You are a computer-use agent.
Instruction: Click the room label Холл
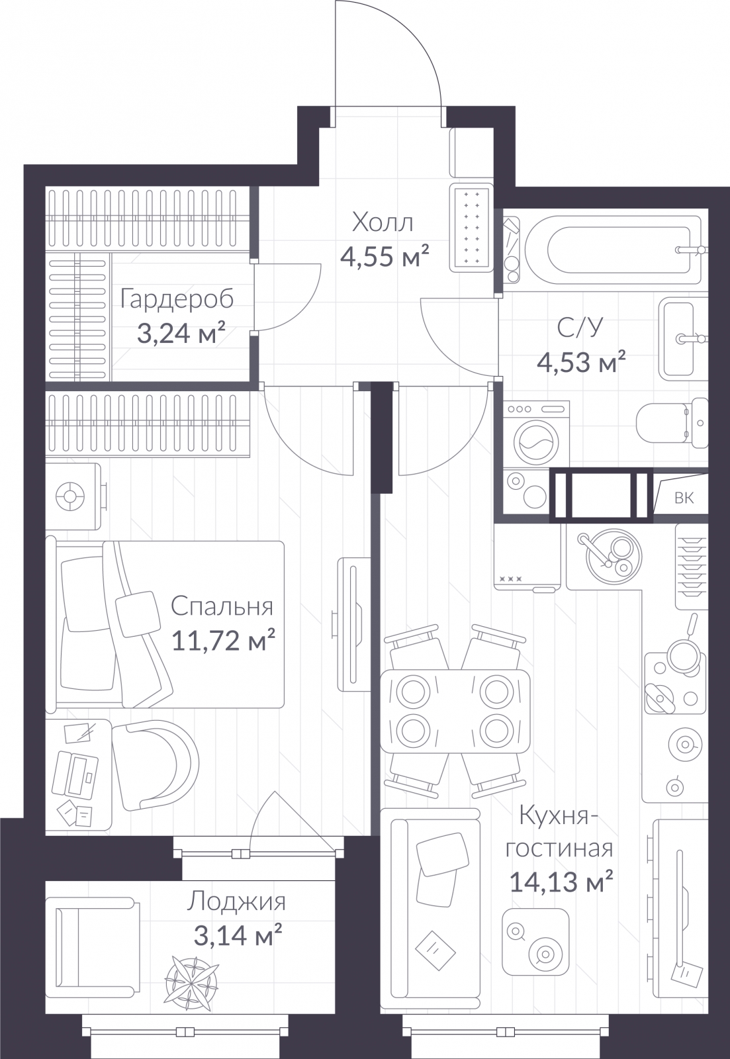coord(383,222)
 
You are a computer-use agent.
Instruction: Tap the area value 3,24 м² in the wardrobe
coord(181,333)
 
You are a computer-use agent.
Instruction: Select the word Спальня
coord(222,606)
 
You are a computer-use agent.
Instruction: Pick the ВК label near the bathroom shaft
coord(684,497)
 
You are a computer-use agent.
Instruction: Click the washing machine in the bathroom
coord(535,434)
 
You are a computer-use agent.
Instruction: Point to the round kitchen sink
coord(614,556)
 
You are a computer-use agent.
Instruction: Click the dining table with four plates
coord(455,711)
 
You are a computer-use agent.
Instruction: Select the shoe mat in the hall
coord(472,228)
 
